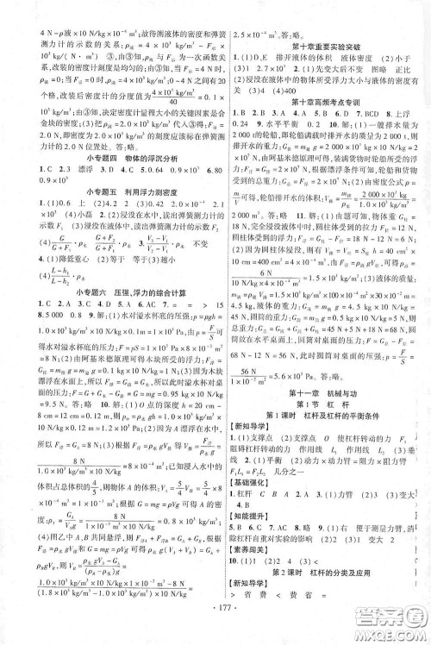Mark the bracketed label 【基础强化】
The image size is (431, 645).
click(247, 493)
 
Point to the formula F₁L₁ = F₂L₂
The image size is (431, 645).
click(251, 480)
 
